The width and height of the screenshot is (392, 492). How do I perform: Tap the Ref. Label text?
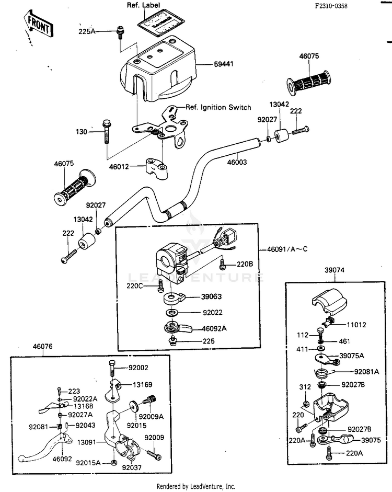(x=143, y=5)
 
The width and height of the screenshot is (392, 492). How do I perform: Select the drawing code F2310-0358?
(x=331, y=6)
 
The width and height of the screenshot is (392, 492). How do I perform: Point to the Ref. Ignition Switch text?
(x=218, y=107)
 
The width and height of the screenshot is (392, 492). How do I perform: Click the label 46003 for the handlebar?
(x=237, y=162)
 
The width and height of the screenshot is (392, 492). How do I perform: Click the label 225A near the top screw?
(x=88, y=31)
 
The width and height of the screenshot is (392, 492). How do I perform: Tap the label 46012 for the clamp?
(x=120, y=167)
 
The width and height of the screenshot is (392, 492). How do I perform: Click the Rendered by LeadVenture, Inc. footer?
(x=196, y=486)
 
